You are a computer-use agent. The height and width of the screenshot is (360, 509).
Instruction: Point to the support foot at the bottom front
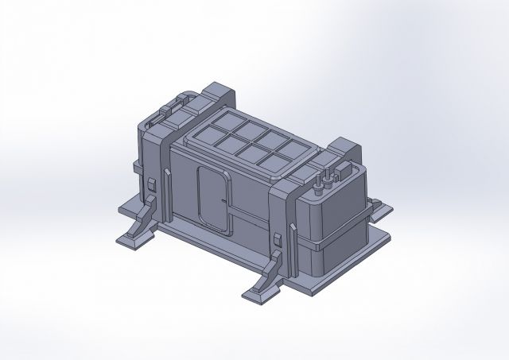tap(262, 292)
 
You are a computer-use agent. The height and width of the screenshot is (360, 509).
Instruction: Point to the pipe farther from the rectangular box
tap(317, 183)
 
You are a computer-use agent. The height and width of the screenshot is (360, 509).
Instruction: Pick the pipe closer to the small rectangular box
tap(326, 179)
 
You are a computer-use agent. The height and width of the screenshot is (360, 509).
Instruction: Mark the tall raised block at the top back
tap(220, 91)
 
